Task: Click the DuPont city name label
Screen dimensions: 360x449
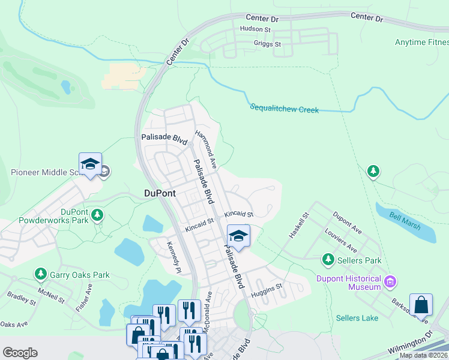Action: click(x=160, y=193)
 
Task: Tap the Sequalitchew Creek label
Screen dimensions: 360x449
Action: click(x=285, y=109)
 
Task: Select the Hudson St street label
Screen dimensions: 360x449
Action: click(x=256, y=28)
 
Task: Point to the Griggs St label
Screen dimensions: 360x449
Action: click(x=267, y=44)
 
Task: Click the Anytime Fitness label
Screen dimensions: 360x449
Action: click(x=421, y=42)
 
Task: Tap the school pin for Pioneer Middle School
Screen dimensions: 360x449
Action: click(x=90, y=164)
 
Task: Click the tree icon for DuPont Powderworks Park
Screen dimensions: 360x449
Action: click(x=97, y=214)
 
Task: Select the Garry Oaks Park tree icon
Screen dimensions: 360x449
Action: click(x=41, y=275)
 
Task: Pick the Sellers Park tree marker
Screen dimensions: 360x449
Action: click(x=328, y=260)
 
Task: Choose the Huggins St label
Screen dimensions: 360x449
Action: click(x=267, y=289)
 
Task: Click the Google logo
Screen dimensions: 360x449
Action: click(x=20, y=353)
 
